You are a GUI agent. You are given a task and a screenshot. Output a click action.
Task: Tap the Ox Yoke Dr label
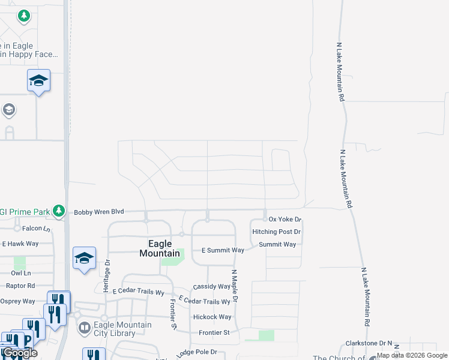(x=285, y=220)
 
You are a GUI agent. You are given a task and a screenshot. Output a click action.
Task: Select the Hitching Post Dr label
(x=276, y=232)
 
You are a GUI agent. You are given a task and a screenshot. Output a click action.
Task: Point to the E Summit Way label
(x=223, y=250)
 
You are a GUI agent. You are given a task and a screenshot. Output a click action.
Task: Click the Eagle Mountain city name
(x=160, y=248)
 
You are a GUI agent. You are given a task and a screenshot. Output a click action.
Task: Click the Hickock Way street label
(x=212, y=317)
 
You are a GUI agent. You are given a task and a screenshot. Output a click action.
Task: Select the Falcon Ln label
(x=37, y=229)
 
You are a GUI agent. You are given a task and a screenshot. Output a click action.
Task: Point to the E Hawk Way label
(x=20, y=244)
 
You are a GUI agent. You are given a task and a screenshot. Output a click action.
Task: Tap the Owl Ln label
(x=20, y=272)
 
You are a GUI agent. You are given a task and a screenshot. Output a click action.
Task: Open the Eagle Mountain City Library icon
(x=84, y=328)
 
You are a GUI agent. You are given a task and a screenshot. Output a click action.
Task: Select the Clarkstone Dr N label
(x=368, y=344)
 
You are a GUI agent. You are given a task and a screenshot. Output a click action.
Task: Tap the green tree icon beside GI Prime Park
(x=58, y=211)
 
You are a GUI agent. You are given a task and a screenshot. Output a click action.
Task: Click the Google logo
(x=19, y=353)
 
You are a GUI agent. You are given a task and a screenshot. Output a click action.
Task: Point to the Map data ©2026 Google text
(x=412, y=355)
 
